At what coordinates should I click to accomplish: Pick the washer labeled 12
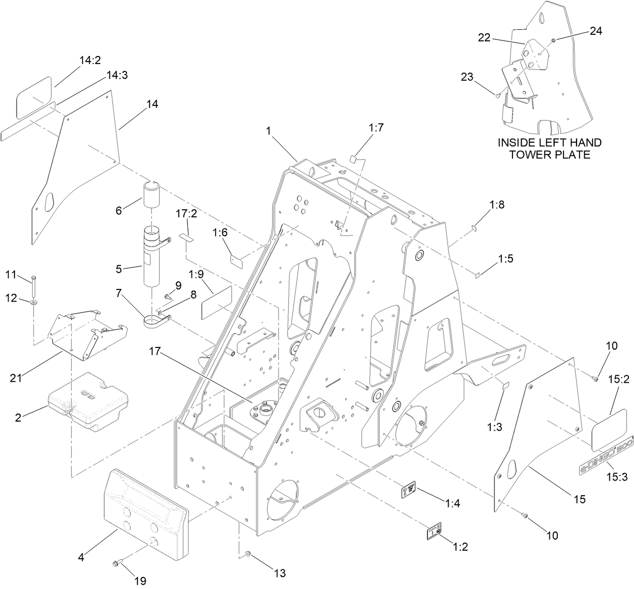coord(33,302)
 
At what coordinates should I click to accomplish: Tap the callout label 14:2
coord(90,61)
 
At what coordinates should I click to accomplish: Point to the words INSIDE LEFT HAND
coord(549,143)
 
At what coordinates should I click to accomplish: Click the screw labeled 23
coord(498,94)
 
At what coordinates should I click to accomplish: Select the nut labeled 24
coord(553,40)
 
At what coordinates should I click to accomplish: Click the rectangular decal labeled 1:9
coord(216,303)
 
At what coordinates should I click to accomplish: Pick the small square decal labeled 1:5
coord(476,275)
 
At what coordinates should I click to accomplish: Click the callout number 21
coord(16,376)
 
